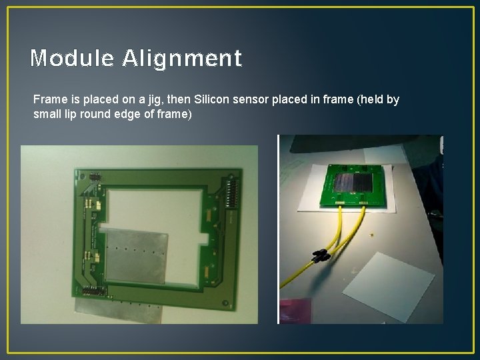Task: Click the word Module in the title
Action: coord(73,59)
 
